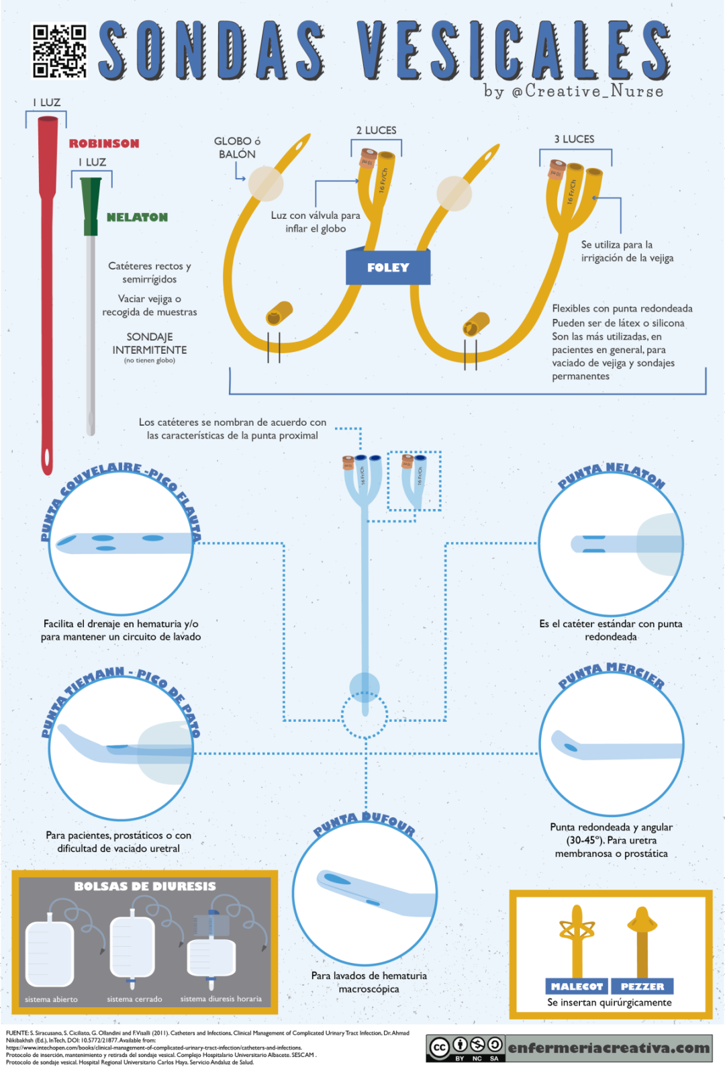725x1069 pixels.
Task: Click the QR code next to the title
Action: tap(60, 51)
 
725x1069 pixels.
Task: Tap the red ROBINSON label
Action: tap(104, 144)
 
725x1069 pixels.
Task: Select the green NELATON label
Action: tap(137, 217)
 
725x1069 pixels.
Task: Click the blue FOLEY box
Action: tap(388, 267)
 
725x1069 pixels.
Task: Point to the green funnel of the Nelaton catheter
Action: tap(91, 205)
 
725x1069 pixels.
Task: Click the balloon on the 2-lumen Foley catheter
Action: tap(266, 183)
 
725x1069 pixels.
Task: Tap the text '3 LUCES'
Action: tap(574, 139)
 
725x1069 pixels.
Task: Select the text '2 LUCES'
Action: tap(376, 130)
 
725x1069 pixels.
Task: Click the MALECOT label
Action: tap(577, 986)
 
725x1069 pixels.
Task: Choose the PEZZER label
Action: tap(642, 986)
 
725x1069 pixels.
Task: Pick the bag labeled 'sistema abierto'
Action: tap(49, 954)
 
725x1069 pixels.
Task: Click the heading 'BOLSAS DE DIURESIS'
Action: tap(145, 886)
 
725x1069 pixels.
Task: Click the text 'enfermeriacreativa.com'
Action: tap(608, 1048)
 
